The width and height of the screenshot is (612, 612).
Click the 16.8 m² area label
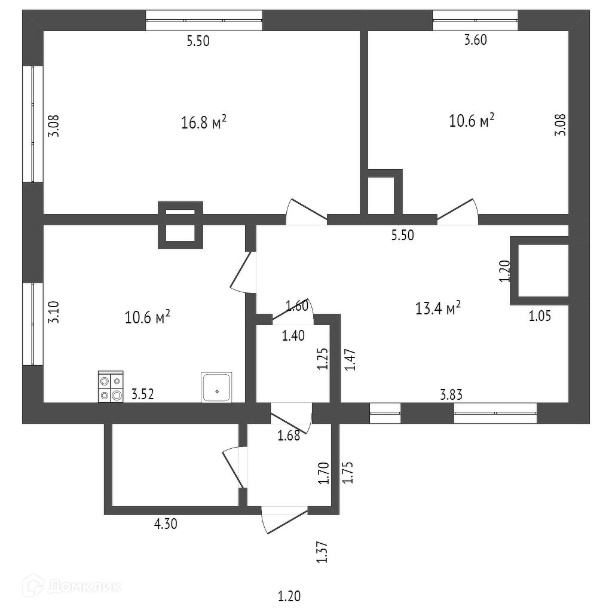(x=203, y=123)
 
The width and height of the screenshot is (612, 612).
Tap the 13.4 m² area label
(x=437, y=308)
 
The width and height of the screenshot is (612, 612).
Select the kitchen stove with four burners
(x=111, y=387)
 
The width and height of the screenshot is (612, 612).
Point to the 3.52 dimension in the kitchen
(x=142, y=394)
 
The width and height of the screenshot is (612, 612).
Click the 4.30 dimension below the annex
(x=166, y=525)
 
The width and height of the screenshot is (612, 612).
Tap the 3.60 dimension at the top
(x=476, y=41)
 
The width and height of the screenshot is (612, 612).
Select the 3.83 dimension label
(x=451, y=394)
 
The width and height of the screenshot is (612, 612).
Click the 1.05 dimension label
(x=540, y=316)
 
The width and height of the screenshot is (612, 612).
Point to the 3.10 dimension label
(x=54, y=312)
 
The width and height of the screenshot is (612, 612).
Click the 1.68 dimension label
(x=288, y=436)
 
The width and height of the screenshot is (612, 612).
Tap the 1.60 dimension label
(x=297, y=307)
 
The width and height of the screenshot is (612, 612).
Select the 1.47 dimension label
(x=350, y=360)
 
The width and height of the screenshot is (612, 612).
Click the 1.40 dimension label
(x=293, y=335)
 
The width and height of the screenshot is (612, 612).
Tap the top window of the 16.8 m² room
(x=204, y=20)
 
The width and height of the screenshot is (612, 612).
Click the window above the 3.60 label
(x=475, y=20)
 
